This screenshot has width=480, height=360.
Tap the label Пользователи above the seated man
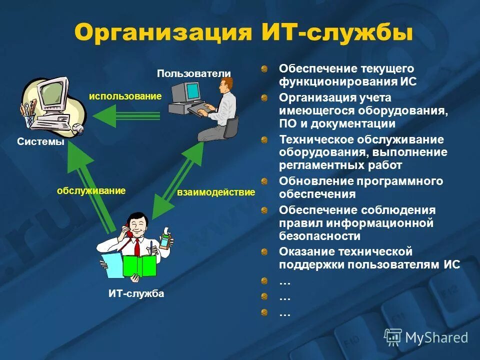tap(194, 74)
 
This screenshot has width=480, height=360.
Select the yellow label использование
tap(125, 96)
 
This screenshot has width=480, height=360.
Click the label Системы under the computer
tap(40, 142)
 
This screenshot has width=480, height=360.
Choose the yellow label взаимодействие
tap(216, 192)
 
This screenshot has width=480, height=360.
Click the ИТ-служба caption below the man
tap(136, 294)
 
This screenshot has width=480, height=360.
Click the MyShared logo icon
tap(393, 337)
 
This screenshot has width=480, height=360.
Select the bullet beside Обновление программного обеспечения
tap(264, 181)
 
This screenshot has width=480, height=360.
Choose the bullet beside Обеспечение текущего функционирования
tap(264, 68)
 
